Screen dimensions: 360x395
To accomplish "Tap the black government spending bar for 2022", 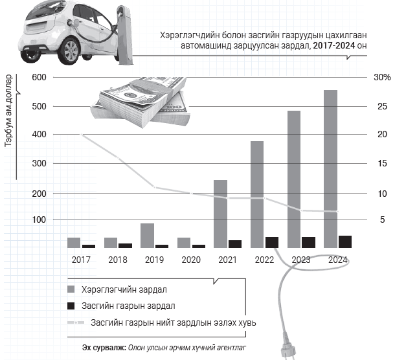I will [272, 242].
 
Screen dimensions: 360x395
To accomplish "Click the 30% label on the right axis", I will [382, 78].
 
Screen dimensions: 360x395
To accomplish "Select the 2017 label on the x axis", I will [80, 260].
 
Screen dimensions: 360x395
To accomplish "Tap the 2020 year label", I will [190, 260].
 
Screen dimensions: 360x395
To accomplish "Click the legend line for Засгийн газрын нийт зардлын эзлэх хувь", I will [76, 322].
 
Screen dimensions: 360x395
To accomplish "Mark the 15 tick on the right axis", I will [382, 164].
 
